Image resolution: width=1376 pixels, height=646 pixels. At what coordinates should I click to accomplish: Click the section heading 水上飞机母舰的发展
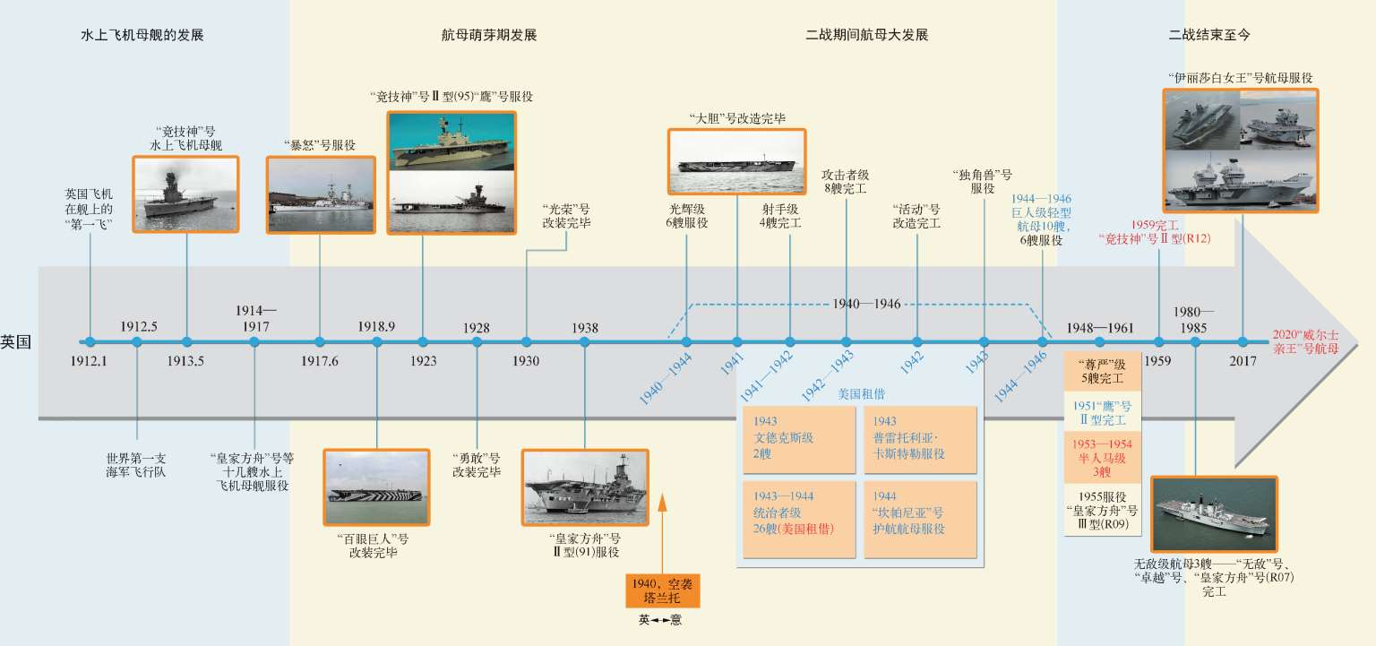point(142,36)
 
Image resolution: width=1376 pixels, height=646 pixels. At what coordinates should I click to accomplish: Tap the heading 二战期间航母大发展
point(866,36)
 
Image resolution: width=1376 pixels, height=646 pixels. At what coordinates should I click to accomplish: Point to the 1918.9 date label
point(376,327)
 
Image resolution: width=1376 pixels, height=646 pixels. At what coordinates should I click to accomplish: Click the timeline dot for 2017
point(1243,341)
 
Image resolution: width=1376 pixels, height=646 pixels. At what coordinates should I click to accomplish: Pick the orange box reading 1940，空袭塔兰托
point(663,590)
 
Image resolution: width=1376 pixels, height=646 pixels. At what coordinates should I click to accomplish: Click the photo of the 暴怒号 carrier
point(320,195)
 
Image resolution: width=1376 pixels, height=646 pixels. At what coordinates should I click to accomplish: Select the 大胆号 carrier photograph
point(736,161)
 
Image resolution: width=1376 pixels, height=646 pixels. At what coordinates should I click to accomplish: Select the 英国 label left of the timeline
point(16,341)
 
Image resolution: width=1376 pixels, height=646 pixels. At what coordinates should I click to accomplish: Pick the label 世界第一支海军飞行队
point(136,464)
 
